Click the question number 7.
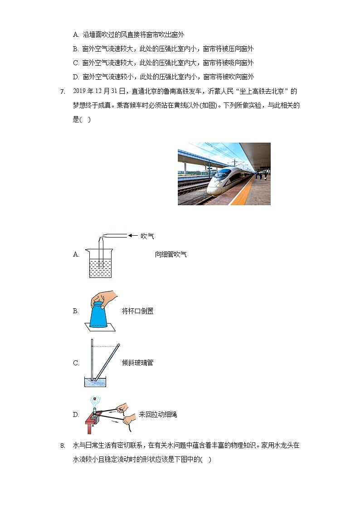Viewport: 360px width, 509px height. pyautogui.click(x=63, y=92)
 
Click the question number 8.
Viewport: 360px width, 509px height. pyautogui.click(x=63, y=446)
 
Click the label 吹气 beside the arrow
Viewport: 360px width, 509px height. pyautogui.click(x=147, y=236)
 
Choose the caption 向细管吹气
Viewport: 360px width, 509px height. pyautogui.click(x=170, y=254)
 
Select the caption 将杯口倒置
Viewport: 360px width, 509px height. pyautogui.click(x=137, y=311)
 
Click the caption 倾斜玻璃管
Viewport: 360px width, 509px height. pyautogui.click(x=137, y=363)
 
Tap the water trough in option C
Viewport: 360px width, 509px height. pyautogui.click(x=95, y=382)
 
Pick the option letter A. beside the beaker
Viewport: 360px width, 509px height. pyautogui.click(x=76, y=254)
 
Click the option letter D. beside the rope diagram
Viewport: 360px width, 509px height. pyautogui.click(x=76, y=414)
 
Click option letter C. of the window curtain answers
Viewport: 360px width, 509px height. pyautogui.click(x=76, y=63)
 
